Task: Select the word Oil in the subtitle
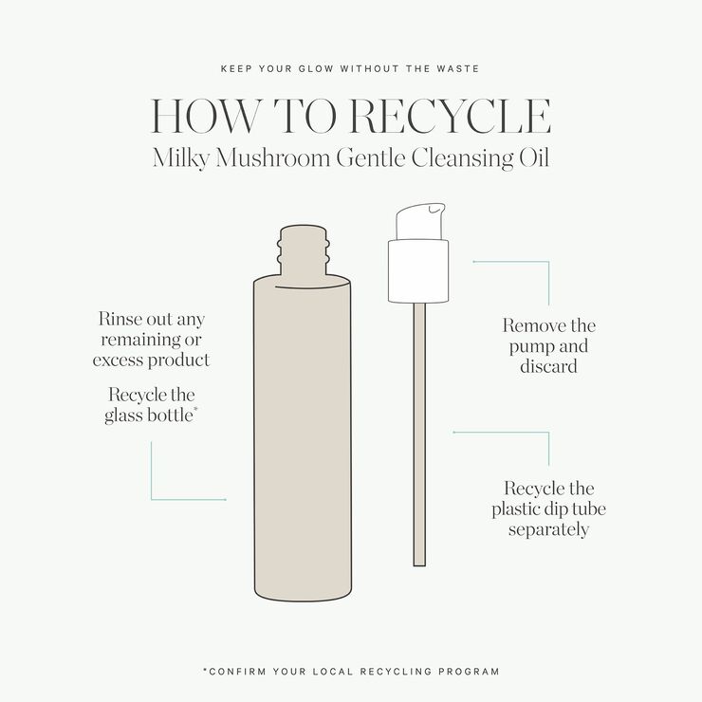[532, 157]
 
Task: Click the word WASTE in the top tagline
[459, 68]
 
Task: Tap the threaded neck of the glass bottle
[302, 250]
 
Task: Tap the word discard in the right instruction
[549, 366]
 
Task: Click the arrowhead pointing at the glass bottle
[225, 499]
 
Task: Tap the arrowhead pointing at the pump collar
[473, 259]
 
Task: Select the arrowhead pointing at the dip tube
[454, 433]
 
